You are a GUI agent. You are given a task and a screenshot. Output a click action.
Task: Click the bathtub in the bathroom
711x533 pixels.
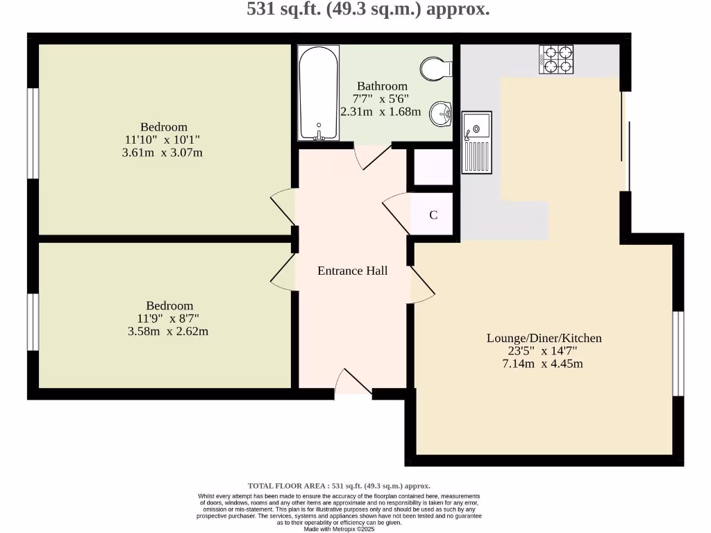pyautogui.click(x=319, y=93)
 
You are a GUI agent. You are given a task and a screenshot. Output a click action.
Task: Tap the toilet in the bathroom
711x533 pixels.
pyautogui.click(x=435, y=69)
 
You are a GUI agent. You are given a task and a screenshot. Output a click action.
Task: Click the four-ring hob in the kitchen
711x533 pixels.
pyautogui.click(x=556, y=60)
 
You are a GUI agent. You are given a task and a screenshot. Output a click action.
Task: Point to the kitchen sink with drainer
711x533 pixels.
pyautogui.click(x=477, y=142)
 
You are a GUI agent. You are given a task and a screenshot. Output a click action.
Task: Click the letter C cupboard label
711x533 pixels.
pyautogui.click(x=433, y=215)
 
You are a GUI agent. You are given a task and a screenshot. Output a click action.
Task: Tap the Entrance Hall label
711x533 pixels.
pyautogui.click(x=352, y=271)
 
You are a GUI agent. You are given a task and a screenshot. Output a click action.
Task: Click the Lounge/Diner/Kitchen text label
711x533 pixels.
pyautogui.click(x=544, y=338)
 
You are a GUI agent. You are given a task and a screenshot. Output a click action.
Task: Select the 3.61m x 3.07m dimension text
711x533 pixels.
pyautogui.click(x=162, y=152)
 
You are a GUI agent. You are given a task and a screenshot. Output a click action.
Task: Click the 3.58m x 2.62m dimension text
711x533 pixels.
pyautogui.click(x=168, y=331)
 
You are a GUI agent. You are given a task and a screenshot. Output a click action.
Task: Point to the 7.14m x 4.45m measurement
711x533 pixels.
pyautogui.click(x=542, y=364)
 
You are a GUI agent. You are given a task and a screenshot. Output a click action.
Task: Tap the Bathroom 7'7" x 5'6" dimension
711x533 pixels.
pyautogui.click(x=383, y=99)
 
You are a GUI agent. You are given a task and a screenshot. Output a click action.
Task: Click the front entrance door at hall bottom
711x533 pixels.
pyautogui.click(x=353, y=383)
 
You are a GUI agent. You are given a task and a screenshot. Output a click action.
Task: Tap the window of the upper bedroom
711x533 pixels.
pyautogui.click(x=33, y=133)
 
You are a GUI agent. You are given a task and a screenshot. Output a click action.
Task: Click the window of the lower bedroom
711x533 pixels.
pyautogui.click(x=33, y=322)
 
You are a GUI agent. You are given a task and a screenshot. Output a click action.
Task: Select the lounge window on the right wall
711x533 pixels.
pyautogui.click(x=678, y=354)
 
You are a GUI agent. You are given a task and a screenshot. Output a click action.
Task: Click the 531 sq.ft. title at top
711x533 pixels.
pyautogui.click(x=368, y=10)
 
